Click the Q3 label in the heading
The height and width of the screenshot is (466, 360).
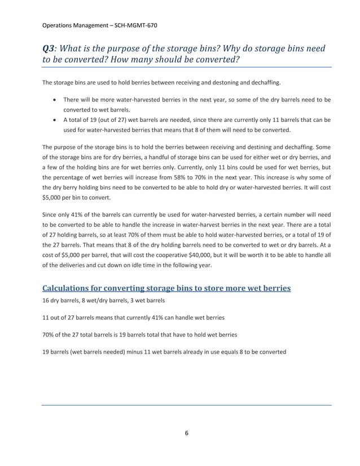[50, 49]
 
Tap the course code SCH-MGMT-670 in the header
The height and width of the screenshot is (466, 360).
[139, 25]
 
